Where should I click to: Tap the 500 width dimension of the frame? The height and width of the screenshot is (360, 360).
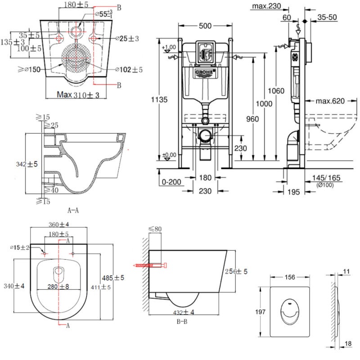coord(205,27)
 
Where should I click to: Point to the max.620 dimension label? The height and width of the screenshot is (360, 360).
coord(329,101)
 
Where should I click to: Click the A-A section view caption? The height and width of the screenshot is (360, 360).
coord(74,209)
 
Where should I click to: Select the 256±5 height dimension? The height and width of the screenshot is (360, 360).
coord(237,271)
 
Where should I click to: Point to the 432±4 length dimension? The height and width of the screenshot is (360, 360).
coord(182,311)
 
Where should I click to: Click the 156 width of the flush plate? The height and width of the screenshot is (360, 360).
coord(290,278)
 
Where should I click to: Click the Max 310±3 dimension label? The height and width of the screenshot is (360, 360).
coord(79,95)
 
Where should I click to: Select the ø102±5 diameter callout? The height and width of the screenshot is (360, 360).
coord(129,69)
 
